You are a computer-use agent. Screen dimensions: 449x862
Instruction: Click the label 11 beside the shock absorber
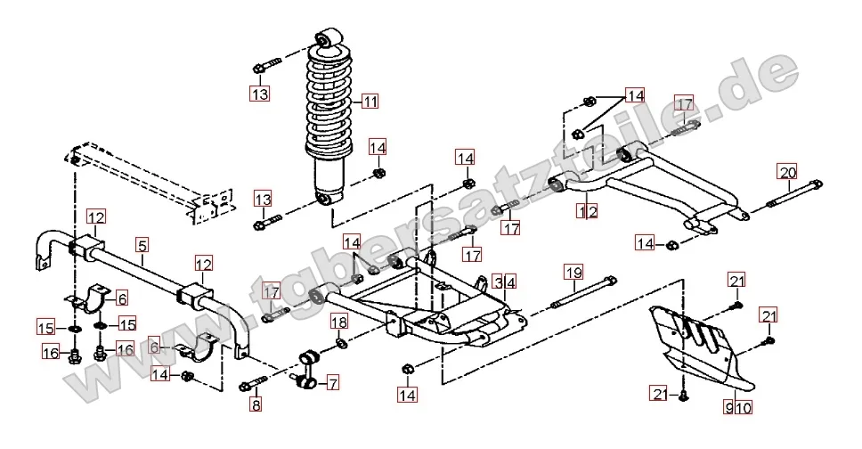370,102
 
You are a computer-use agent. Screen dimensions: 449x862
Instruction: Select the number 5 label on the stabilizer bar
142,242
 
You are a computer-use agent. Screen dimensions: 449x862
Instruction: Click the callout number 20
787,172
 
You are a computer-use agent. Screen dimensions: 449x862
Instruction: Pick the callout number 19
573,272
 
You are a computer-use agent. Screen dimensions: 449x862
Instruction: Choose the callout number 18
339,322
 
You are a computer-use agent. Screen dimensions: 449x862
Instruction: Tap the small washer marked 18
342,343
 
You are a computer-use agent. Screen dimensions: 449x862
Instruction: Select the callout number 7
332,384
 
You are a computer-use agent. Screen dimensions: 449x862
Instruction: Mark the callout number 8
257,405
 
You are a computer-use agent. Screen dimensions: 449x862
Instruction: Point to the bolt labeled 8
254,386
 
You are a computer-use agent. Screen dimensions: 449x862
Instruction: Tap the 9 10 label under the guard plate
738,409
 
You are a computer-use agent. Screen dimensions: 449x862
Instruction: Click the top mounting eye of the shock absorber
329,39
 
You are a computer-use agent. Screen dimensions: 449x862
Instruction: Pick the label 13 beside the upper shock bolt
258,94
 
